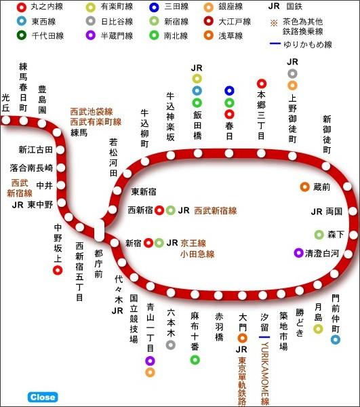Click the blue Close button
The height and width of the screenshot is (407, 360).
coord(43,398)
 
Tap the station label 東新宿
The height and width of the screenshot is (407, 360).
coord(144,191)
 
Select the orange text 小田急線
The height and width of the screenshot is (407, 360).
coord(197,254)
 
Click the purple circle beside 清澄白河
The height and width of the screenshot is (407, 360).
coord(298,253)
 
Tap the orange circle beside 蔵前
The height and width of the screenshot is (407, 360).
coord(305,187)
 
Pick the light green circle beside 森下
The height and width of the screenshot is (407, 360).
coord(319,235)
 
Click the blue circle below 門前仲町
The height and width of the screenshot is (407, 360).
coord(336,339)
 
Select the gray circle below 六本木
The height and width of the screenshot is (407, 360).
coord(171,345)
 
